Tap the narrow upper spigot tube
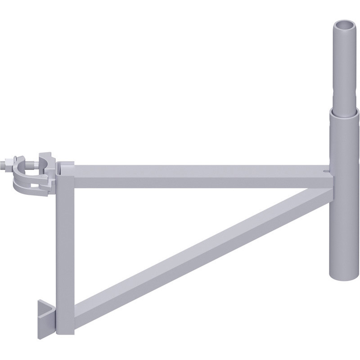[344, 67]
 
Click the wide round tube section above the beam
[345, 139]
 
